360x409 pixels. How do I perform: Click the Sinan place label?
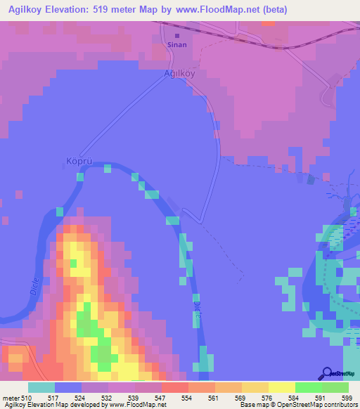coord(176,44)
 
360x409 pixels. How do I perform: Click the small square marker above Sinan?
coord(176,36)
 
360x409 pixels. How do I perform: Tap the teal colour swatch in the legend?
coord(41,387)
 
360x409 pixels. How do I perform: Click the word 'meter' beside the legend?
coord(9,397)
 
